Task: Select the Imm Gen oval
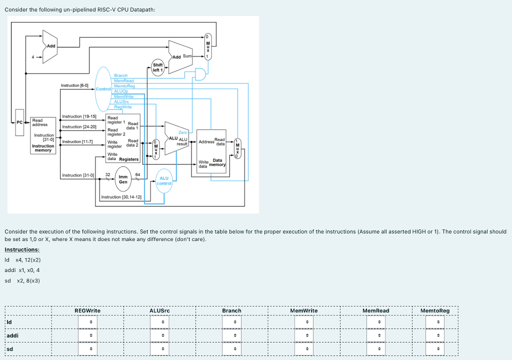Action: pos(123,179)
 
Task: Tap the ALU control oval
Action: pos(164,180)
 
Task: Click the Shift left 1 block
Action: pos(157,67)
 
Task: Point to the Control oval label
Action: pos(103,88)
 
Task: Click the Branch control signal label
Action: pos(121,75)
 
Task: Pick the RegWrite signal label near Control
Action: pos(123,106)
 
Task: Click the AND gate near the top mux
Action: pos(201,74)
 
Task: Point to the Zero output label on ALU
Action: pos(182,132)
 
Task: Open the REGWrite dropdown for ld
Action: pos(91,322)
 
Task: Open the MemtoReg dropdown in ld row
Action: pos(438,322)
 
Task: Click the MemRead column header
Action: pos(375,310)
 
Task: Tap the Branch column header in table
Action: pos(231,310)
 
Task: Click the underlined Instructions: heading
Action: pos(22,249)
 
